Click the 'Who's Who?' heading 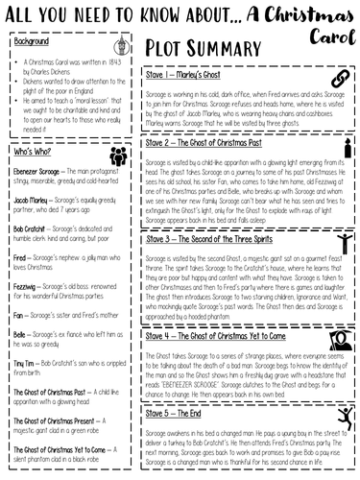pos(34,152)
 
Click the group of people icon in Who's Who pos(118,156)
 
